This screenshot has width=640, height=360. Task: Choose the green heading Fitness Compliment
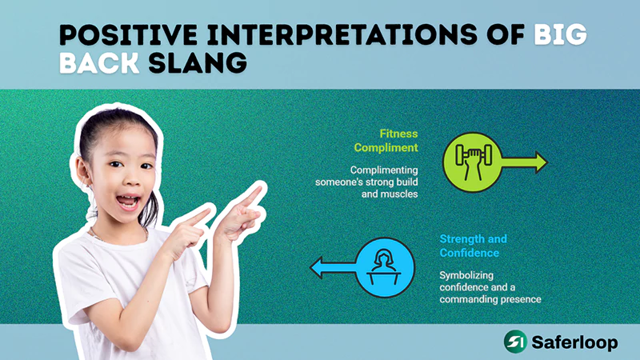pyautogui.click(x=387, y=142)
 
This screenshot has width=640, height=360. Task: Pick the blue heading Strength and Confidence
pyautogui.click(x=473, y=246)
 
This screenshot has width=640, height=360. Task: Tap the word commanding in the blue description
pyautogui.click(x=473, y=299)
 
